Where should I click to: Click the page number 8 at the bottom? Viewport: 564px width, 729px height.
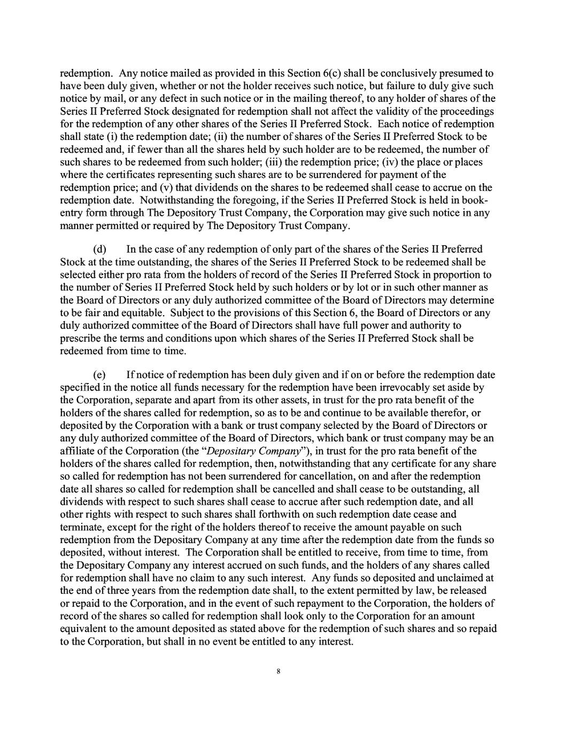[x=279, y=672]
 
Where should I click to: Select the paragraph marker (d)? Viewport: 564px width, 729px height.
[x=99, y=249]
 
